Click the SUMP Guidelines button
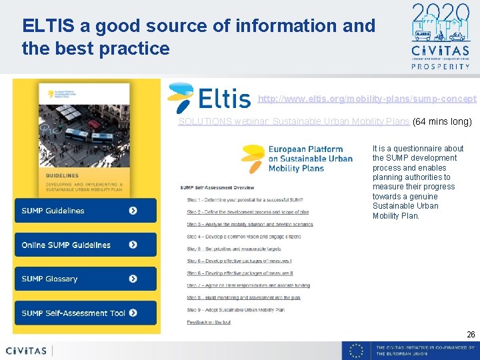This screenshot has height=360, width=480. (85, 211)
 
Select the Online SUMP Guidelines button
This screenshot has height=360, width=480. (85, 245)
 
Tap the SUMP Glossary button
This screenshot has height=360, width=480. (85, 279)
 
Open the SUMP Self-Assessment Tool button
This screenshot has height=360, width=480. (85, 313)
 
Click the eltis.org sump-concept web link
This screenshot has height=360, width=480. (367, 99)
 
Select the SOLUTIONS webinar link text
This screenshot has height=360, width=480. (293, 121)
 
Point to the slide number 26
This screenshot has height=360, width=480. (471, 334)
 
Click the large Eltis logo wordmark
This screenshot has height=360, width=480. (210, 98)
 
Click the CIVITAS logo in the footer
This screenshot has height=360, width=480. (27, 351)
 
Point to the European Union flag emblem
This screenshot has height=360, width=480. (357, 351)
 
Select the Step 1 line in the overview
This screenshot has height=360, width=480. (245, 200)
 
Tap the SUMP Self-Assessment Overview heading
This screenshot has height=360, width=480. (217, 187)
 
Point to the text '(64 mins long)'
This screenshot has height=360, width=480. (442, 121)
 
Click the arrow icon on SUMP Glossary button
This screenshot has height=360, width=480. (133, 279)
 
